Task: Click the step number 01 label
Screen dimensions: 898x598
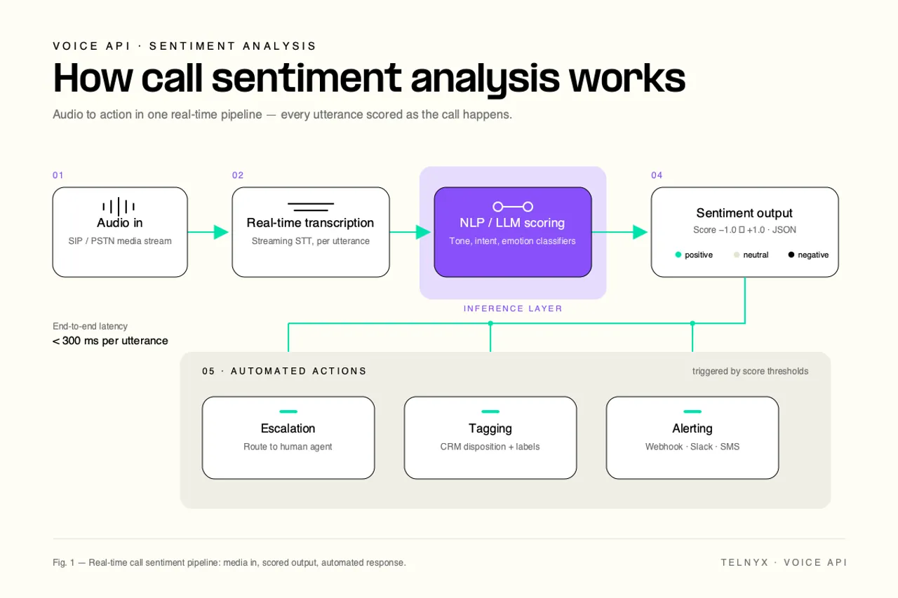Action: (58, 175)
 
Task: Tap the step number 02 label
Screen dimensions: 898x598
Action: (238, 175)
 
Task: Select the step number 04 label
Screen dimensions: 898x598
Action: (657, 175)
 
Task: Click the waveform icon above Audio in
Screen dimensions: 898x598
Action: (119, 206)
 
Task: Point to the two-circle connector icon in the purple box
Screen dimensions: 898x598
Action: (513, 207)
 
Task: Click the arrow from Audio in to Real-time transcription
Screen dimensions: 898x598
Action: (208, 232)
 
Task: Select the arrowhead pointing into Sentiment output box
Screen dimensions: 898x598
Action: (641, 232)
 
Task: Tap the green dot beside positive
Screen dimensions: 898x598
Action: (678, 254)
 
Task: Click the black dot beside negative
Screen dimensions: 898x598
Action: (791, 254)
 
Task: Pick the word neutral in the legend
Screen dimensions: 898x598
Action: (756, 255)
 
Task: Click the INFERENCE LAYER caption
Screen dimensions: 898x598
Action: (513, 308)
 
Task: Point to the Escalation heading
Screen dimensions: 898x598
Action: (288, 428)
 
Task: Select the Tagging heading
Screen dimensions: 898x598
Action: (490, 428)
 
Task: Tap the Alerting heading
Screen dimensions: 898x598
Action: (692, 428)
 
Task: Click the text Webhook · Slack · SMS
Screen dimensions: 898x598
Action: (692, 447)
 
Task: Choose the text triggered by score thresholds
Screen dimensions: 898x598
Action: (750, 372)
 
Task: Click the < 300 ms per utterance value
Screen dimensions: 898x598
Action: (110, 341)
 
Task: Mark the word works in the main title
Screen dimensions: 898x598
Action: (627, 78)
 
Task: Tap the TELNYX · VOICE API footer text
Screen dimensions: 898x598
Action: (784, 562)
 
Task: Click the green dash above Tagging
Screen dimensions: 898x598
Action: (490, 412)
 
